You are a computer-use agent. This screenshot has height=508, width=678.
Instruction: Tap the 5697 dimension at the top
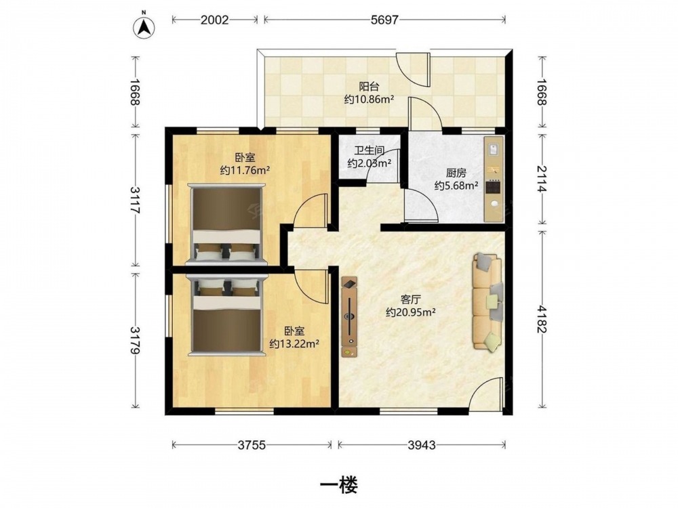pos(384,20)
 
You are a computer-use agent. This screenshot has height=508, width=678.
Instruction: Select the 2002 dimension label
pos(214,20)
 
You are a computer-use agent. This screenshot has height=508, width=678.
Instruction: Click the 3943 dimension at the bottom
pos(422,445)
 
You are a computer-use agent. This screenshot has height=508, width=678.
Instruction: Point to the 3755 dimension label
pos(252,445)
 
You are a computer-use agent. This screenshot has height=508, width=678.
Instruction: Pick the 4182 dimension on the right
pos(542,319)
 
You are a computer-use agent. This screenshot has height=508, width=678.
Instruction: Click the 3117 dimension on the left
pos(136,200)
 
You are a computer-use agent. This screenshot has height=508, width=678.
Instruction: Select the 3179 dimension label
pos(136,340)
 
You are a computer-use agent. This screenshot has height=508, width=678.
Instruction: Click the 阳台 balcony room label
pos(369,87)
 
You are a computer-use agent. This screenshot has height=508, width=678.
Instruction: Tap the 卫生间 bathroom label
pos(370,151)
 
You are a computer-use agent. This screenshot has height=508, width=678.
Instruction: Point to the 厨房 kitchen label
pos(456,173)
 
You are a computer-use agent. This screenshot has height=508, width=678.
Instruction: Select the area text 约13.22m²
pos(294,344)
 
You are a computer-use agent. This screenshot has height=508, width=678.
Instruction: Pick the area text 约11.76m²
pos(245,171)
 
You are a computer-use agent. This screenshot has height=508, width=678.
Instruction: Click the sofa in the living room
pos(488,301)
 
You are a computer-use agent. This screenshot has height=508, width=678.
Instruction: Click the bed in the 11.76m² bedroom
pos(226,224)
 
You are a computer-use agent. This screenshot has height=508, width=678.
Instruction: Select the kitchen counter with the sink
pos(494,179)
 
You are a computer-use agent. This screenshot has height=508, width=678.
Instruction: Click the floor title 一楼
pos(338,485)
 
